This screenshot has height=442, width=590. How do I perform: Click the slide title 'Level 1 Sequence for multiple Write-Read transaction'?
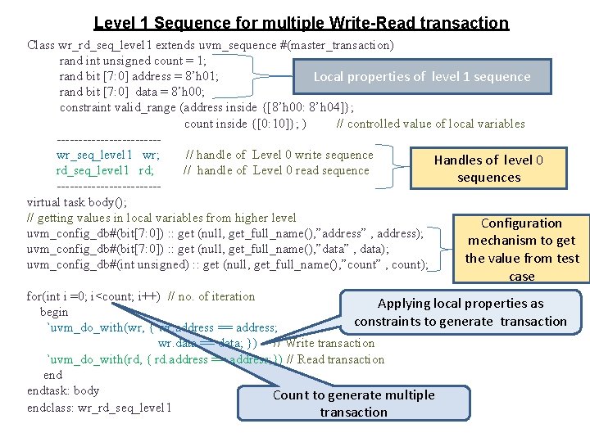(x=301, y=24)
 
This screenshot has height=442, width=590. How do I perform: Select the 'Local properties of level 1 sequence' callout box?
(x=422, y=77)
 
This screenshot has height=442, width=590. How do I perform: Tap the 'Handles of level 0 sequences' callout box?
(x=488, y=169)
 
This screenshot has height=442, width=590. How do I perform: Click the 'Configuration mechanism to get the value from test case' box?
(x=521, y=250)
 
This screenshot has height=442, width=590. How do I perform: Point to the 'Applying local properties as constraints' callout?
(x=461, y=312)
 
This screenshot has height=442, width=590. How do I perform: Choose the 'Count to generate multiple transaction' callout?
(x=353, y=404)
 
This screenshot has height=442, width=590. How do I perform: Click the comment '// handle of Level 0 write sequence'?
(x=279, y=155)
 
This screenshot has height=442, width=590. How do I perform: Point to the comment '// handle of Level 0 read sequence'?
(x=276, y=170)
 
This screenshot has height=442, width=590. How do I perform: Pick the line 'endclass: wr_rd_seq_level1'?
(x=99, y=407)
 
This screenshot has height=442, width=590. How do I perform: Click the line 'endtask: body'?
(x=63, y=390)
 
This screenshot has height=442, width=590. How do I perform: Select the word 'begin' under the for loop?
(x=54, y=312)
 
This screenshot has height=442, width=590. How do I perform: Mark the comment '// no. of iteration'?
(x=211, y=296)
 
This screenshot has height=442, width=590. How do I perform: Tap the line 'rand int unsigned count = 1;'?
(x=132, y=61)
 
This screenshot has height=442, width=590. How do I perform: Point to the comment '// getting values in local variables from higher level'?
(x=161, y=218)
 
